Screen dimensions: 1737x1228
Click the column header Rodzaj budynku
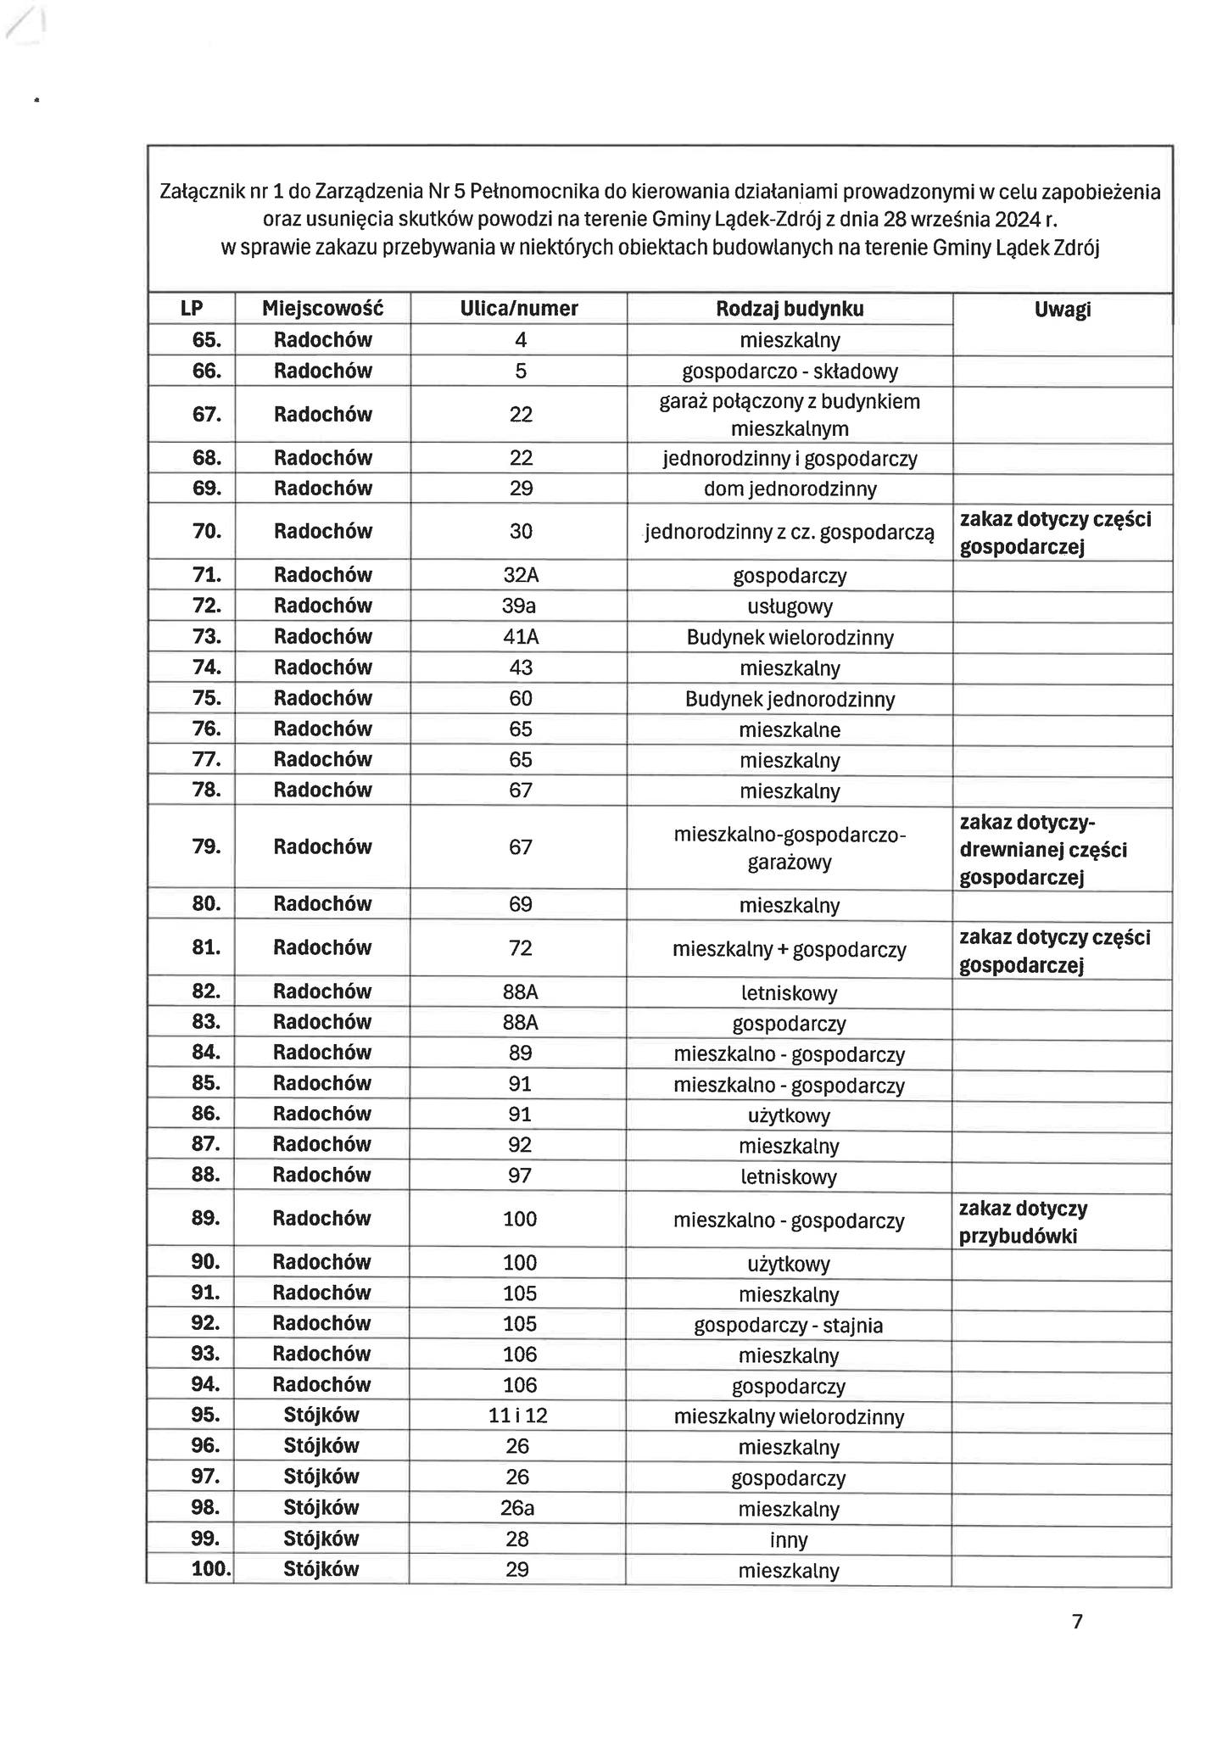(x=789, y=309)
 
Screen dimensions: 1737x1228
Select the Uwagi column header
(x=1062, y=310)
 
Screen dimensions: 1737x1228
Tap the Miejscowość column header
(x=322, y=309)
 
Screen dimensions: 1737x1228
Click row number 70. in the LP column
(x=207, y=531)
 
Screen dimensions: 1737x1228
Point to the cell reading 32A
(x=521, y=575)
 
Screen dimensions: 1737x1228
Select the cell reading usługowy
(x=790, y=606)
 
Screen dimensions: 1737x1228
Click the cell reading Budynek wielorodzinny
(x=790, y=637)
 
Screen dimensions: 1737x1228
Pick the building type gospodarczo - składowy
(x=790, y=371)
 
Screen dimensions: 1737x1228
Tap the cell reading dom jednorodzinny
(x=790, y=489)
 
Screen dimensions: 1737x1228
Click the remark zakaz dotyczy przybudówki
(x=1023, y=1222)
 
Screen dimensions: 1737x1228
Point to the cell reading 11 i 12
(x=518, y=1416)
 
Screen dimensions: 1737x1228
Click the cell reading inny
(x=789, y=1539)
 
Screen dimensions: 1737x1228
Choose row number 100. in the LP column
(x=211, y=1569)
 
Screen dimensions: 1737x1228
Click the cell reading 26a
(x=518, y=1508)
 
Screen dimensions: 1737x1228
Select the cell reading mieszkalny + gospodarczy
(x=790, y=949)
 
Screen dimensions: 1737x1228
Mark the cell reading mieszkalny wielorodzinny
(x=789, y=1416)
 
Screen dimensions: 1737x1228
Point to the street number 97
(x=520, y=1175)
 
